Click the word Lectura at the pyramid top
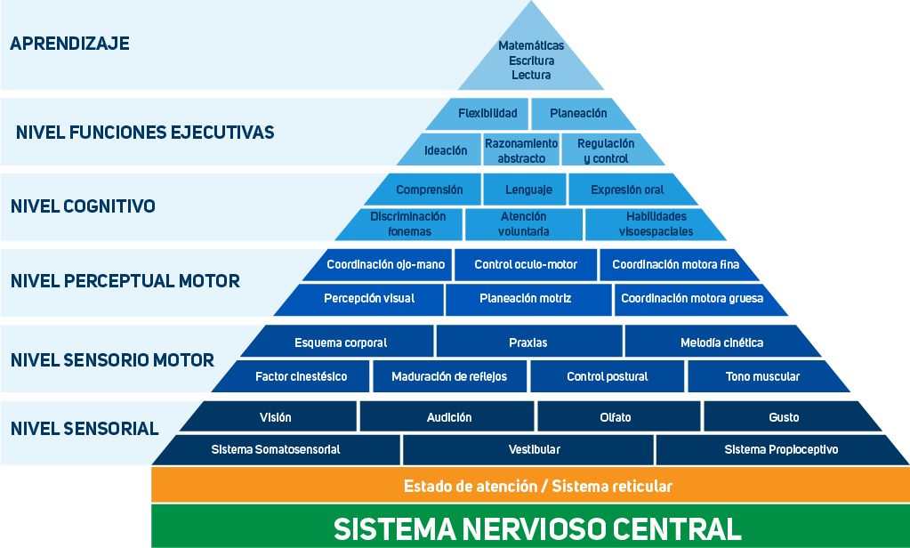pyautogui.click(x=531, y=76)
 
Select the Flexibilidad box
pyautogui.click(x=487, y=114)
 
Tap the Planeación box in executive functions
pyautogui.click(x=578, y=114)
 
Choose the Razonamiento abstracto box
pyautogui.click(x=521, y=150)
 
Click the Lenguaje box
pyautogui.click(x=528, y=189)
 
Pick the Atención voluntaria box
pyautogui.click(x=524, y=224)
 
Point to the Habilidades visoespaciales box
pyautogui.click(x=656, y=224)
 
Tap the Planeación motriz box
pyautogui.click(x=525, y=299)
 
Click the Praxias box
pyautogui.click(x=528, y=342)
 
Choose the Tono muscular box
pyautogui.click(x=761, y=376)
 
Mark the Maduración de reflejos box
pyautogui.click(x=449, y=376)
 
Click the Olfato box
pyautogui.click(x=616, y=417)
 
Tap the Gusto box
pyautogui.click(x=784, y=417)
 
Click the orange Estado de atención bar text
pyautogui.click(x=537, y=487)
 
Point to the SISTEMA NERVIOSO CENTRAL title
pyautogui.click(x=537, y=528)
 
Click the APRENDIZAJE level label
pyautogui.click(x=69, y=44)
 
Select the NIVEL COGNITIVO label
pyautogui.click(x=83, y=206)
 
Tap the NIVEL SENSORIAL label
pyautogui.click(x=85, y=429)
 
